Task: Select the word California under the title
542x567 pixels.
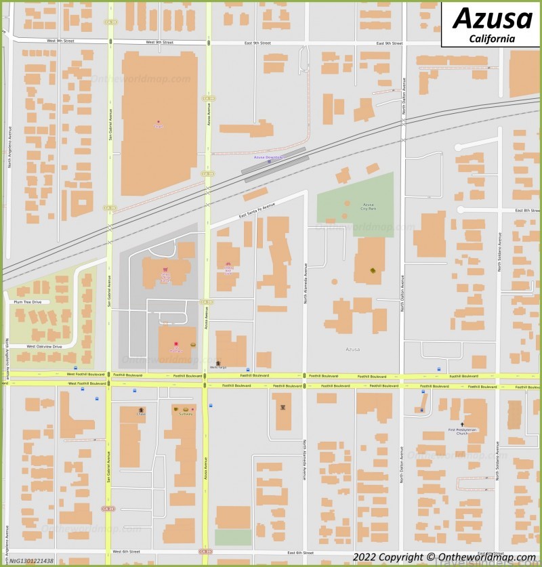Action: point(492,39)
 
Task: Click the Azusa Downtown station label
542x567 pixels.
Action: point(268,157)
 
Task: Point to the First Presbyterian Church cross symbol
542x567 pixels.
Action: point(462,424)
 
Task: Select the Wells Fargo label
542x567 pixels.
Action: point(217,367)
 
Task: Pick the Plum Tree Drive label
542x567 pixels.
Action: point(27,302)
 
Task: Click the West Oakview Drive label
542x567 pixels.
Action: point(44,346)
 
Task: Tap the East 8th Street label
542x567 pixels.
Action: point(527,211)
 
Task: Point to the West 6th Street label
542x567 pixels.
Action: point(126,552)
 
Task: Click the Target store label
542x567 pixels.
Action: point(159,125)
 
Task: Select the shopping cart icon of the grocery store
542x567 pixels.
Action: point(165,270)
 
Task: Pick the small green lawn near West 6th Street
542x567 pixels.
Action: point(232,537)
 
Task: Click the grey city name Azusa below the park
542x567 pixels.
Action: point(352,350)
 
